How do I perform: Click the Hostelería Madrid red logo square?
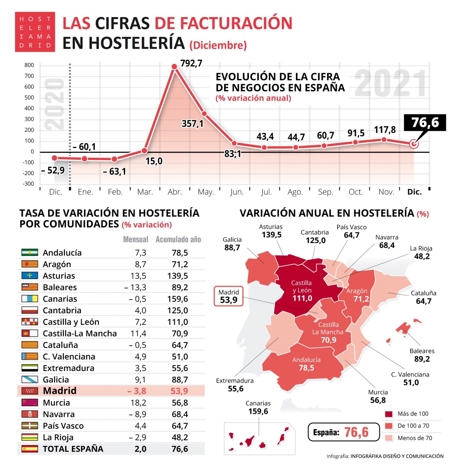(35, 32)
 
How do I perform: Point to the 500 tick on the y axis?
(29, 97)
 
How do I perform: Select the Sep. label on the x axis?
(325, 192)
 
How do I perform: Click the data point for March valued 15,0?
(144, 151)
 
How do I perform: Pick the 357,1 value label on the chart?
(192, 124)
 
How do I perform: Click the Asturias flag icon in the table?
(30, 275)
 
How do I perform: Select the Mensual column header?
(135, 239)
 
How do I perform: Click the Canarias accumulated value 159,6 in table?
(177, 299)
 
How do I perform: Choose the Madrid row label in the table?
(59, 391)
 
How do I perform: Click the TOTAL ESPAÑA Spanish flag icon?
(30, 449)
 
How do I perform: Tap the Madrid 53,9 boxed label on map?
(228, 296)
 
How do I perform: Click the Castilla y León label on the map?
(302, 290)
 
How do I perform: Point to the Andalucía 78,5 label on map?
(306, 364)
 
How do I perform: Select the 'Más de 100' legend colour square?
(388, 414)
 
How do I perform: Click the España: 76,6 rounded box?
(343, 432)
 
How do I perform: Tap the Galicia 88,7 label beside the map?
(232, 244)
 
